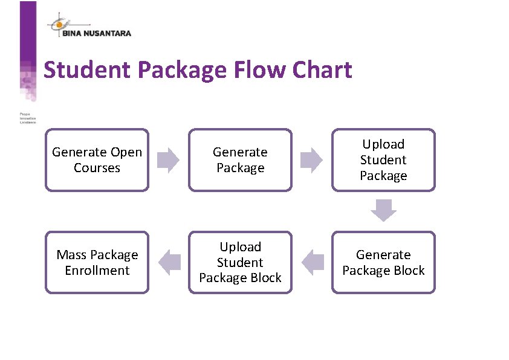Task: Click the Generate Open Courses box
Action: [97, 160]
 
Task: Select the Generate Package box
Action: [240, 160]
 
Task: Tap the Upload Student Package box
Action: [383, 160]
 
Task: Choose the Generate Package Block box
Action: [383, 263]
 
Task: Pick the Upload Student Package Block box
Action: [240, 263]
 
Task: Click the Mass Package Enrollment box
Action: [97, 263]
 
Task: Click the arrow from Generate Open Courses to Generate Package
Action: [168, 160]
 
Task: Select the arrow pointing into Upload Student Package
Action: [312, 160]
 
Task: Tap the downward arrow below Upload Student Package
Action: [383, 210]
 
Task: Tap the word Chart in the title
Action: [322, 70]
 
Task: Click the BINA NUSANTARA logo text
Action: [96, 34]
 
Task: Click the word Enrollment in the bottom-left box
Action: [97, 271]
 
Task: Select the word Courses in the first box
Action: [97, 168]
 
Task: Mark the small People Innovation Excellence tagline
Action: [28, 118]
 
